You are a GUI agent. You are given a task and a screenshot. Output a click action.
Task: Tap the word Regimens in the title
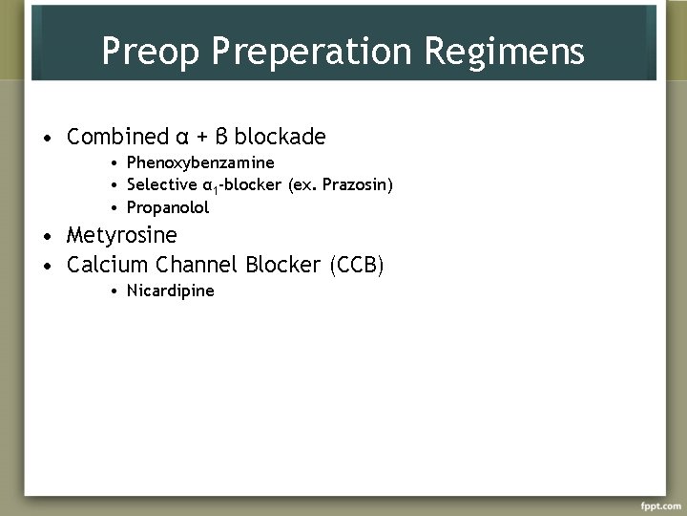click(x=519, y=52)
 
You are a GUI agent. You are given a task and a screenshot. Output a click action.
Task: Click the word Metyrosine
click(x=121, y=236)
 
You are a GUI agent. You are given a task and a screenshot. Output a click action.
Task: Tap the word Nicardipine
click(x=170, y=290)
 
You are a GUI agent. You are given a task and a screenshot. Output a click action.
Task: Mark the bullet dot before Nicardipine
click(x=113, y=290)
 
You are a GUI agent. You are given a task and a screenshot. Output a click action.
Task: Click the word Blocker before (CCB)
click(x=284, y=265)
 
